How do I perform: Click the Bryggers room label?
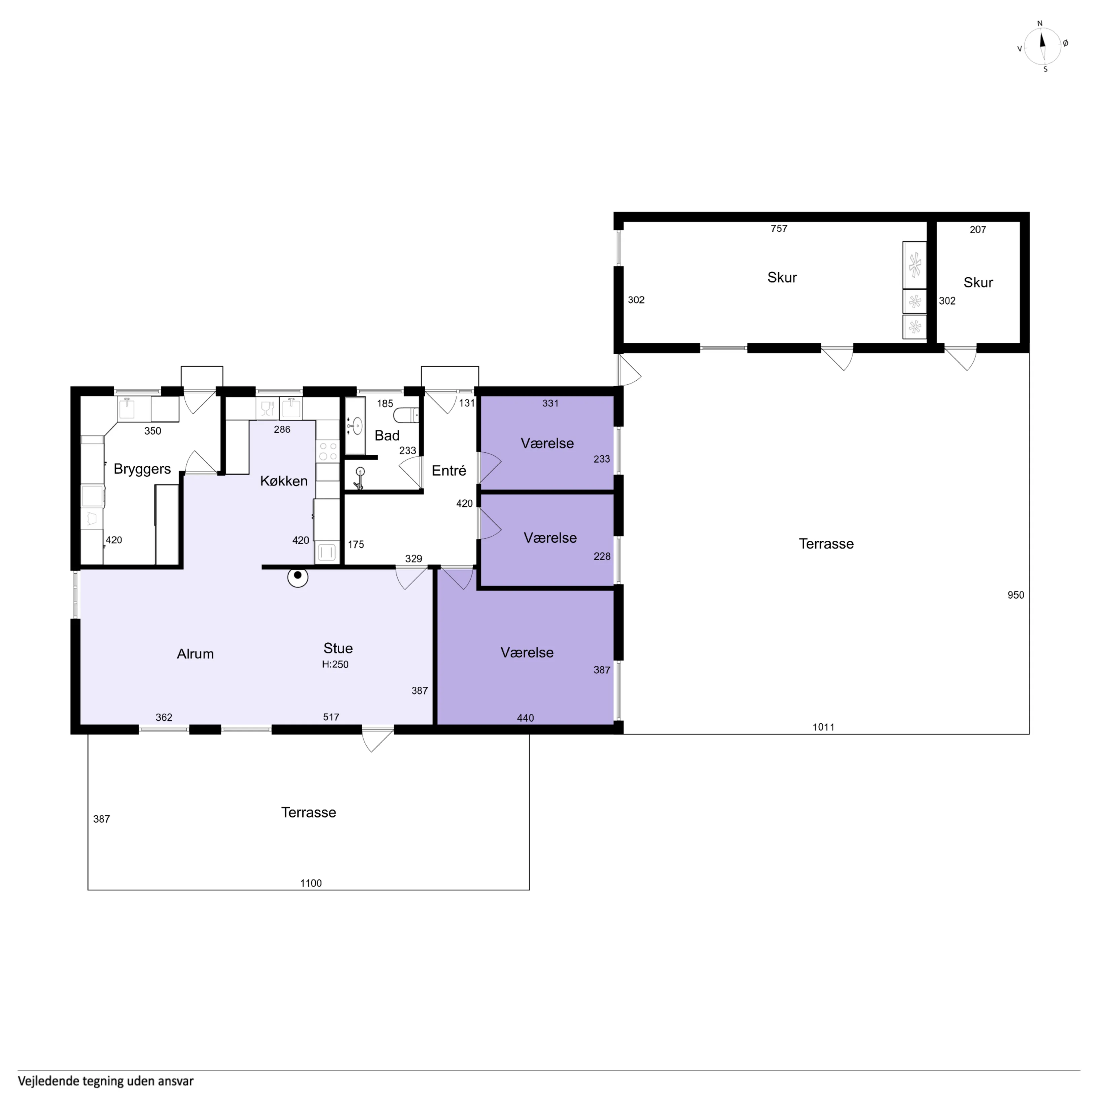pos(142,469)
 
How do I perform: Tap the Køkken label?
pos(284,481)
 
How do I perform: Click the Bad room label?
pos(387,435)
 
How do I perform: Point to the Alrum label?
pos(195,653)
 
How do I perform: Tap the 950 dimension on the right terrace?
pos(1016,595)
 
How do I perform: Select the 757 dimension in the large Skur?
pos(779,229)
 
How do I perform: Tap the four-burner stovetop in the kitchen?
pos(327,452)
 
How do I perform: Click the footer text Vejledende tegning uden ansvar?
pos(106,1080)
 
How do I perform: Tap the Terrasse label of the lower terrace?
pos(309,813)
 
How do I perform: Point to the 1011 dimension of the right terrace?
pos(823,727)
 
